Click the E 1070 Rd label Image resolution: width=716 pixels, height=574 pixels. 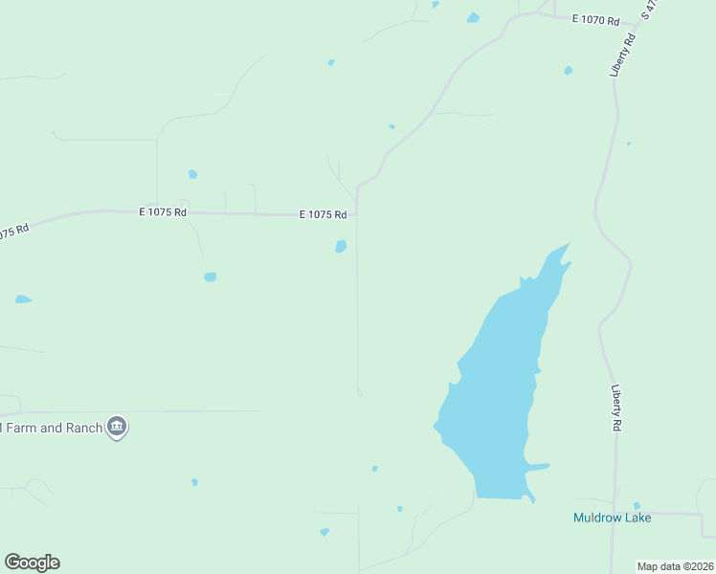pos(596,20)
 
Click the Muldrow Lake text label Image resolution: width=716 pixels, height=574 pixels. pos(612,518)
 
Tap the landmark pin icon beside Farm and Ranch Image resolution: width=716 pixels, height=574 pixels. pos(117,427)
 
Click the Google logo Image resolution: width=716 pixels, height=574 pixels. pos(32,563)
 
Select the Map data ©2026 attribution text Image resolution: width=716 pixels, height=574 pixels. pos(675,566)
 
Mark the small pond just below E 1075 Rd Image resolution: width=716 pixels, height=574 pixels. pos(341,247)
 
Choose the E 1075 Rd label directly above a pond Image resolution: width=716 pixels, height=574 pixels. pos(323,215)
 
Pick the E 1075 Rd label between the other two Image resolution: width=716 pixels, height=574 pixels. pos(163,212)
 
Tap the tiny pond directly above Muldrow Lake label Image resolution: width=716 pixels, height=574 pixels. pos(637,505)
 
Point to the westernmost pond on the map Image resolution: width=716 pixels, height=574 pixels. pos(22,299)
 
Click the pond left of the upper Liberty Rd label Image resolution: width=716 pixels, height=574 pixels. pos(569,70)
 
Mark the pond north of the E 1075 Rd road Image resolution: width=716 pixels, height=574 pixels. pos(192,174)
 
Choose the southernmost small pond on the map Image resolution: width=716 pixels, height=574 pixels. pos(324,532)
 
